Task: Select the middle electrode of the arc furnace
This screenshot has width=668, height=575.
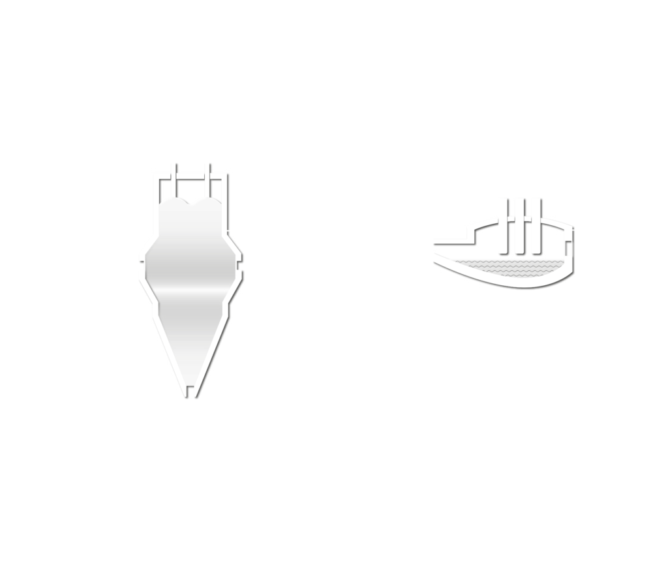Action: click(x=518, y=225)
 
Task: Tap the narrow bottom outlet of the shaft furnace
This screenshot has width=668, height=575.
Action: click(x=190, y=392)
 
